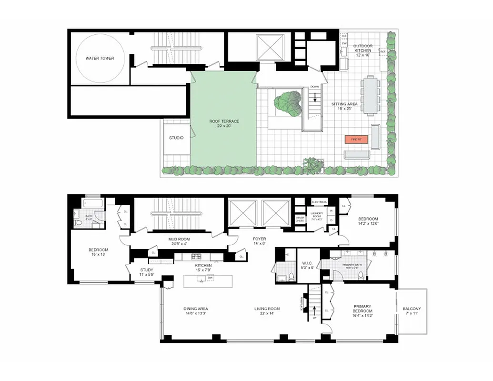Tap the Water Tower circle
(x=100, y=59)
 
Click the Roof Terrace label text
(x=224, y=121)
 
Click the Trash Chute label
(x=300, y=219)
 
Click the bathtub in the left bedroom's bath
(x=90, y=203)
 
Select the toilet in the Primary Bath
(x=360, y=275)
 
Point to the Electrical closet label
(x=319, y=202)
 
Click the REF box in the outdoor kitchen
(x=382, y=52)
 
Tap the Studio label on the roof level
(x=176, y=138)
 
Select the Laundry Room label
(x=317, y=215)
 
